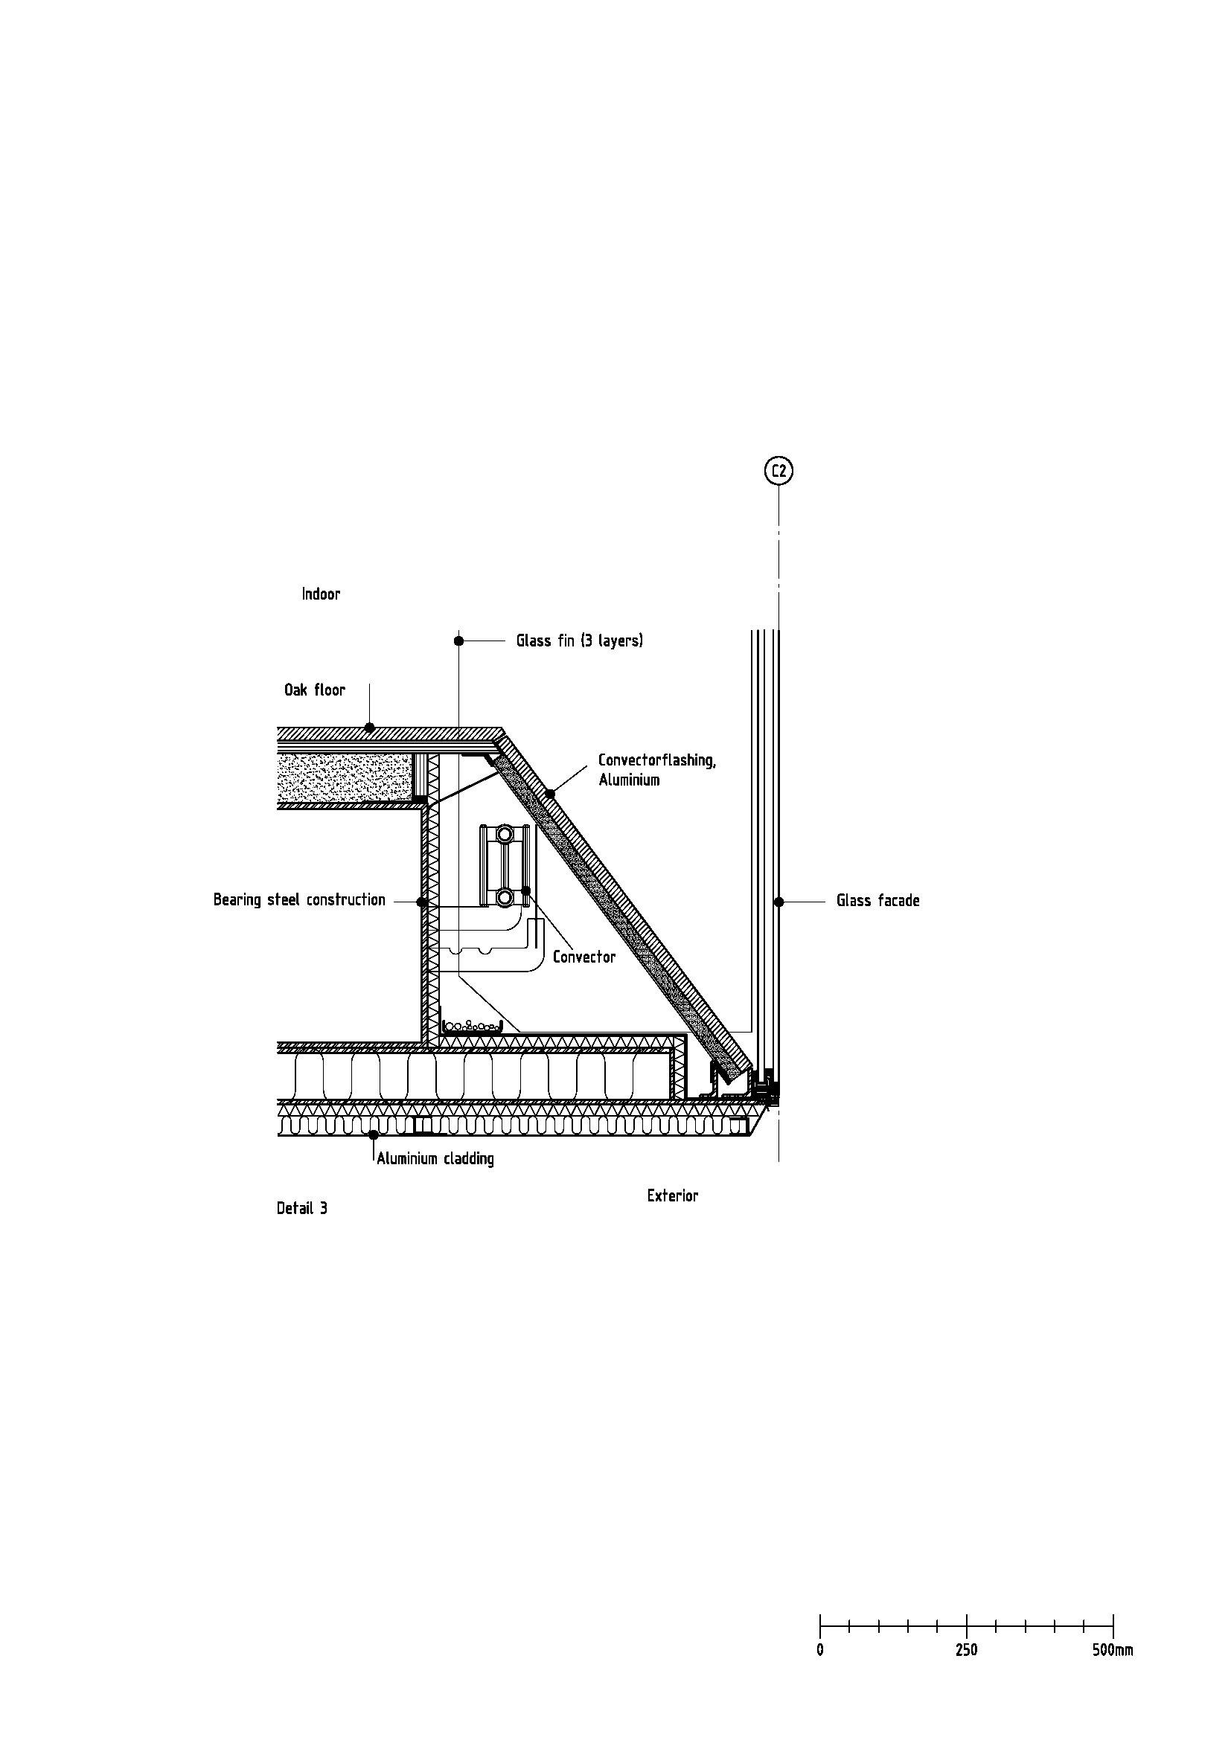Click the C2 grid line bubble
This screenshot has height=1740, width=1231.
[778, 472]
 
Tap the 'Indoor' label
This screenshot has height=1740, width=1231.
[321, 594]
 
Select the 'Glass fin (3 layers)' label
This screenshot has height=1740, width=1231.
[580, 641]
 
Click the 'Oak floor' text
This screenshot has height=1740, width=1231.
[315, 690]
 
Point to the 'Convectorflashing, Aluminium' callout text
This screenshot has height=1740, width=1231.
[657, 769]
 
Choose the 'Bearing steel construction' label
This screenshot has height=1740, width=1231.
[299, 899]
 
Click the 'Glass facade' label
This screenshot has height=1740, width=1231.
[877, 900]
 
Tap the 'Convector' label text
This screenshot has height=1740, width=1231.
[584, 957]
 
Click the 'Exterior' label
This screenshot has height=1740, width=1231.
[672, 1195]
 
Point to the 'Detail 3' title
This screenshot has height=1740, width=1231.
[301, 1208]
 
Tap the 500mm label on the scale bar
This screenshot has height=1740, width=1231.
[1113, 1644]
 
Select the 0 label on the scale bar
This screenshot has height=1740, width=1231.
[820, 1644]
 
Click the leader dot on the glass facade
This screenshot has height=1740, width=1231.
[778, 901]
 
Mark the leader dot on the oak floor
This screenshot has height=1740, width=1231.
[369, 728]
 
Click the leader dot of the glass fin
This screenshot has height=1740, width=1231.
[458, 641]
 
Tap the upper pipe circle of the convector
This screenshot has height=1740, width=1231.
[504, 835]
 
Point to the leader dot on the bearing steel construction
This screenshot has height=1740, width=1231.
[422, 902]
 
